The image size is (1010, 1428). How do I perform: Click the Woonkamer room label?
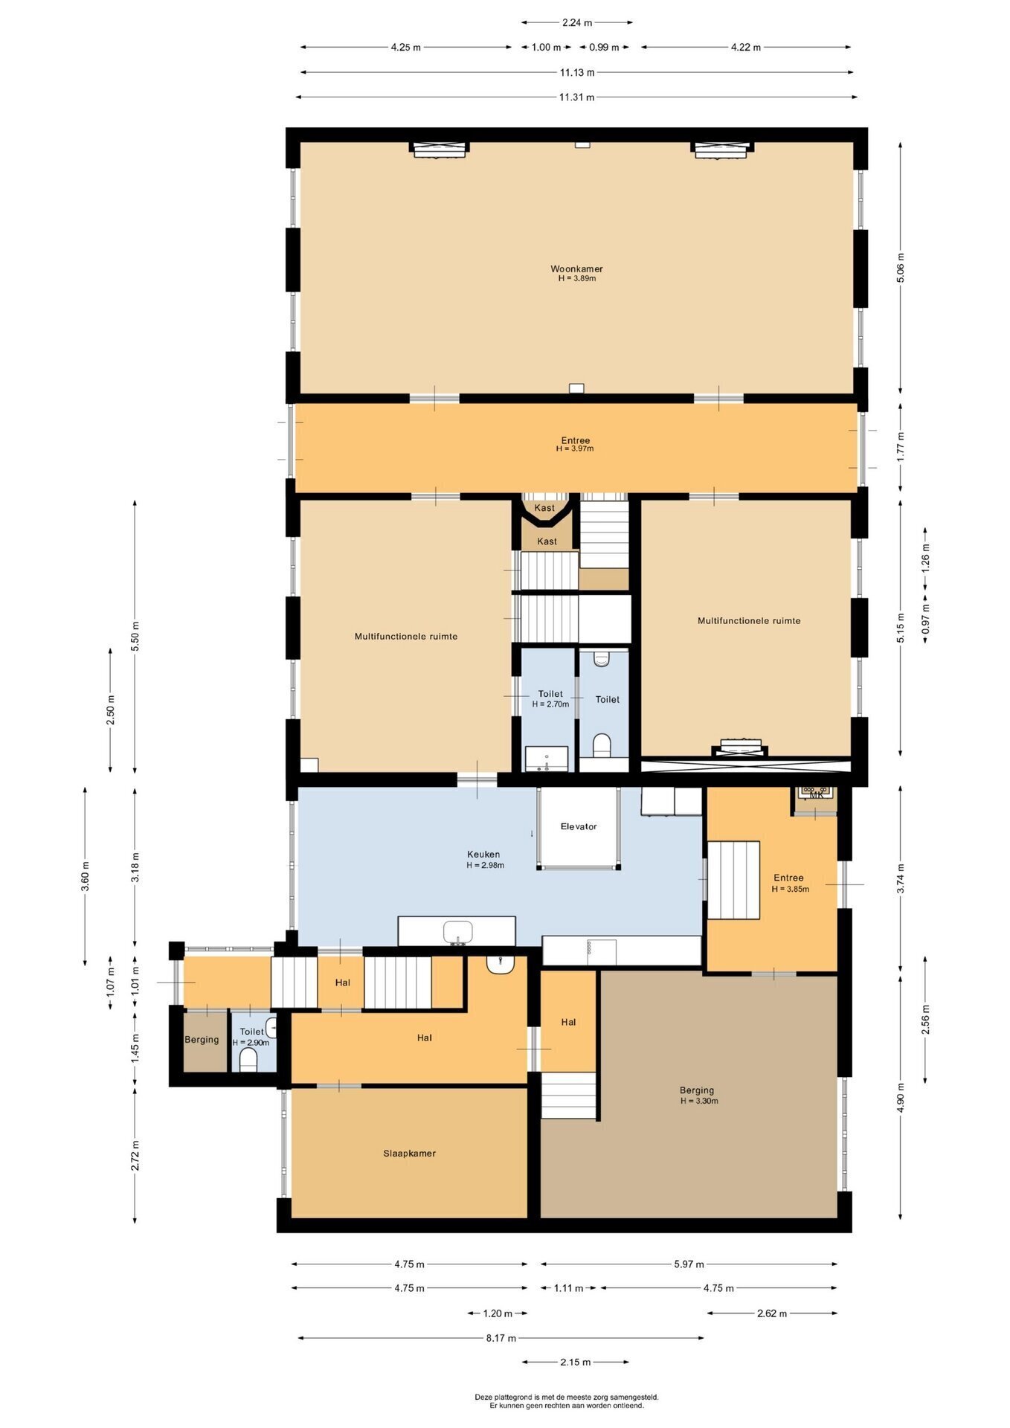(576, 269)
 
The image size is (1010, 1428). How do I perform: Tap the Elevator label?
(579, 826)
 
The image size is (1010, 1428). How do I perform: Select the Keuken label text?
(483, 855)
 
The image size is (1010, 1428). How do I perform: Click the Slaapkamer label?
(409, 1154)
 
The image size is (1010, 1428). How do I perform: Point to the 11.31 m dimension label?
(577, 97)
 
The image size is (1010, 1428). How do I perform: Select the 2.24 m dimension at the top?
(576, 22)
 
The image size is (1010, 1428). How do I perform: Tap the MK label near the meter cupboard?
(816, 795)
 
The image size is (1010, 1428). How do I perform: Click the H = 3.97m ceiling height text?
(575, 449)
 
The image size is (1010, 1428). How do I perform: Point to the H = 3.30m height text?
(699, 1101)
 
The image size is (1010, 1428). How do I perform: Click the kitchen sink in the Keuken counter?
(458, 931)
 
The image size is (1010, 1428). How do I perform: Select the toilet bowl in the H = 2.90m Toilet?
(249, 1059)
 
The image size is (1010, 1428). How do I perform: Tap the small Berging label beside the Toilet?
(202, 1040)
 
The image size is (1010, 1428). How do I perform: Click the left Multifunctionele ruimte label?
(406, 637)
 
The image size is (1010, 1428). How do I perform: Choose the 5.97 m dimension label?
(689, 1264)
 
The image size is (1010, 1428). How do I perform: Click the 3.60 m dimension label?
(85, 876)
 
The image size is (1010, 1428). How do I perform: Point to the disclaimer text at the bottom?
(567, 1401)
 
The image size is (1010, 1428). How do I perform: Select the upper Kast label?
(544, 508)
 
